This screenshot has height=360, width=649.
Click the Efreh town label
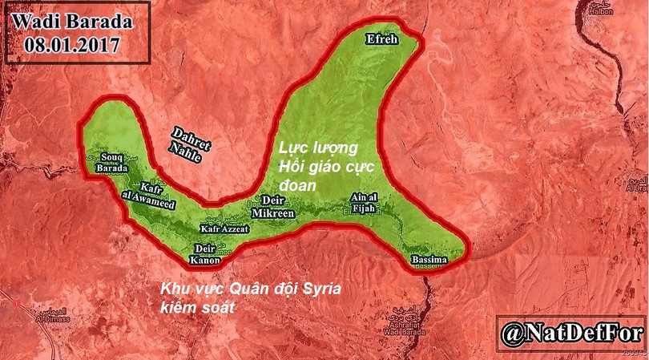click(380, 38)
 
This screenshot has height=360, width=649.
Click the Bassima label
click(429, 261)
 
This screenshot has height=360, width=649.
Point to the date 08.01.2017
click(67, 46)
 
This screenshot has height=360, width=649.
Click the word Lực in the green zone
click(292, 148)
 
